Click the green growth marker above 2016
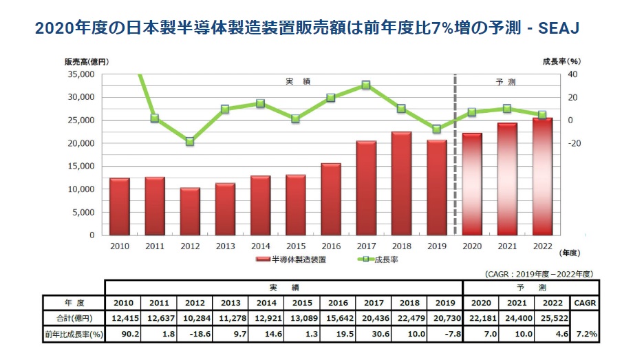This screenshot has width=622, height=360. point(331,98)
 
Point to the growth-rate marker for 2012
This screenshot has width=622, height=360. point(190,142)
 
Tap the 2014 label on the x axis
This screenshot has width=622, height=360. point(260,246)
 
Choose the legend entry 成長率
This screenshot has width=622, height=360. point(378,260)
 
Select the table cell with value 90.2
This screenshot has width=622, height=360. point(122,335)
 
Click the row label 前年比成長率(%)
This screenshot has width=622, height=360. point(72,335)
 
